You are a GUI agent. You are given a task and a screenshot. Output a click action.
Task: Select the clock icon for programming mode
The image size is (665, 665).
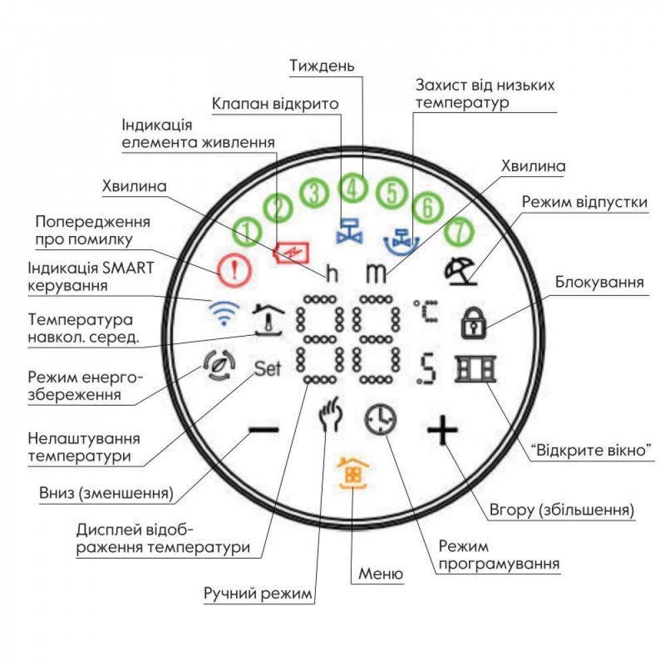[380, 421]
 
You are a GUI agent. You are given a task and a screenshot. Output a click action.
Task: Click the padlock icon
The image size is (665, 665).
[474, 323]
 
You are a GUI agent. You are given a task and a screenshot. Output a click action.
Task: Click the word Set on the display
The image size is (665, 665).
[269, 368]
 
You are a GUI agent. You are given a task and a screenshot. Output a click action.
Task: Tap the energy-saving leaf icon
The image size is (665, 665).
[219, 368]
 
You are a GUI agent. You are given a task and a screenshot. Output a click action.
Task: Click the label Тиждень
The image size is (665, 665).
[323, 66]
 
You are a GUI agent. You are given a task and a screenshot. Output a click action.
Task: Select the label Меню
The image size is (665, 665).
[380, 574]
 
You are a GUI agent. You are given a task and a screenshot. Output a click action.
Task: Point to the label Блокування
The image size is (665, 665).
[599, 282]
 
